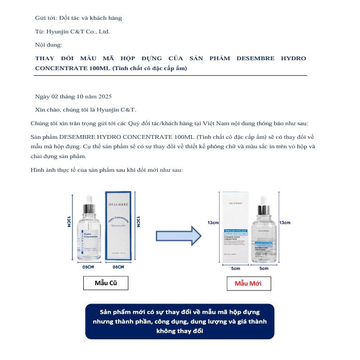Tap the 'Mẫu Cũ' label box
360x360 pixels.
coord(105,283)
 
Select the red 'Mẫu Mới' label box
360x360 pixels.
coord(248,283)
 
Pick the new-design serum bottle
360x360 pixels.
coord(264,232)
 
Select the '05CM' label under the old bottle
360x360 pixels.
coord(88,267)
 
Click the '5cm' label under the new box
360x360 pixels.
coord(236,268)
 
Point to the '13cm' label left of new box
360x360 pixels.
coord(213,223)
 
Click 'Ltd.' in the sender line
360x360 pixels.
coord(103,32)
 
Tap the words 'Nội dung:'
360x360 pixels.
coord(48,45)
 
